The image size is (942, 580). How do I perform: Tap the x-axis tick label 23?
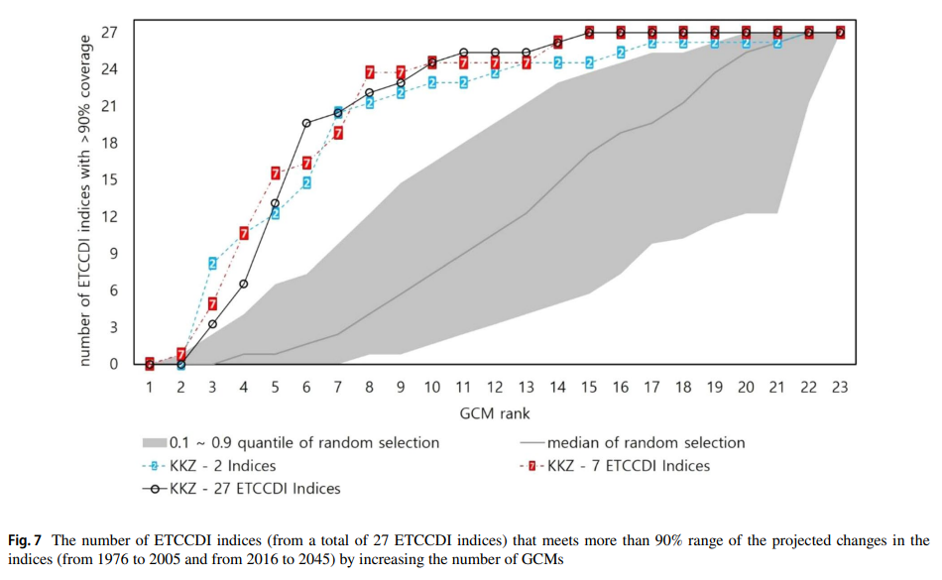[839, 387]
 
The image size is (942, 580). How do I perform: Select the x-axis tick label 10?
[432, 387]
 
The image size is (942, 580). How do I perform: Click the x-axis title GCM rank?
[494, 411]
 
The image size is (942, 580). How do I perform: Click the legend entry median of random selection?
[645, 442]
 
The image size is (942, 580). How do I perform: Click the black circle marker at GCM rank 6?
[306, 123]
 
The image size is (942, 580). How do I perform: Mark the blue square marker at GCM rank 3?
[212, 263]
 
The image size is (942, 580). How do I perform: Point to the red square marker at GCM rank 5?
[276, 174]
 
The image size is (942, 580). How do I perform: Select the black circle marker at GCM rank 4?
[244, 284]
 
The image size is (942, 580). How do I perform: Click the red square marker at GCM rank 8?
[370, 72]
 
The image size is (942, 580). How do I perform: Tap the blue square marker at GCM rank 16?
[621, 52]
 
